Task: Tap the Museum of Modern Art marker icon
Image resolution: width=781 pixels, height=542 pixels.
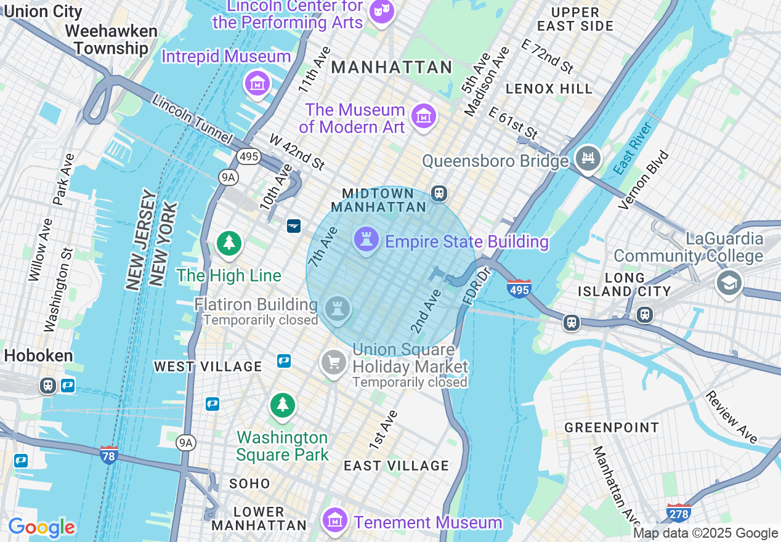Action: [424, 116]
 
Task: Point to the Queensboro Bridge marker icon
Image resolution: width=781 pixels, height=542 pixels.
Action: [588, 158]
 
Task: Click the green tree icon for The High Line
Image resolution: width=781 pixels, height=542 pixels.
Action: [229, 243]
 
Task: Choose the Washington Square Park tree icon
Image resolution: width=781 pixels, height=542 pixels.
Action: [283, 405]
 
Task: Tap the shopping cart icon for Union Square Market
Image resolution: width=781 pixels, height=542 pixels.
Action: [334, 362]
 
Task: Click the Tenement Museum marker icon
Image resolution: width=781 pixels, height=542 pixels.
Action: [334, 519]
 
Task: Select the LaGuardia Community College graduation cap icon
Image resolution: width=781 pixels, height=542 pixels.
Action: [729, 283]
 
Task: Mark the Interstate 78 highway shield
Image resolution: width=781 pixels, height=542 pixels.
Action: [109, 455]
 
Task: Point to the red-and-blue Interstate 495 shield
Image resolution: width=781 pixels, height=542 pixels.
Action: [519, 288]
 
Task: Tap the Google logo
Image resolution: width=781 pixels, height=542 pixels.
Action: [42, 528]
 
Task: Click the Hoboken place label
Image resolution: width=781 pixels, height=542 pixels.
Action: [38, 355]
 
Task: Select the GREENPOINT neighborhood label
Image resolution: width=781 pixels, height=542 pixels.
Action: [612, 427]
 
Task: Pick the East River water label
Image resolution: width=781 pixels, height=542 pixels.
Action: [633, 148]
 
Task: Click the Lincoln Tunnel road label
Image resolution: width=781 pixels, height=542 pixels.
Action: [192, 119]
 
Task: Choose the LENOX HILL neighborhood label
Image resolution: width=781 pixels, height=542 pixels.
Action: [549, 89]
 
